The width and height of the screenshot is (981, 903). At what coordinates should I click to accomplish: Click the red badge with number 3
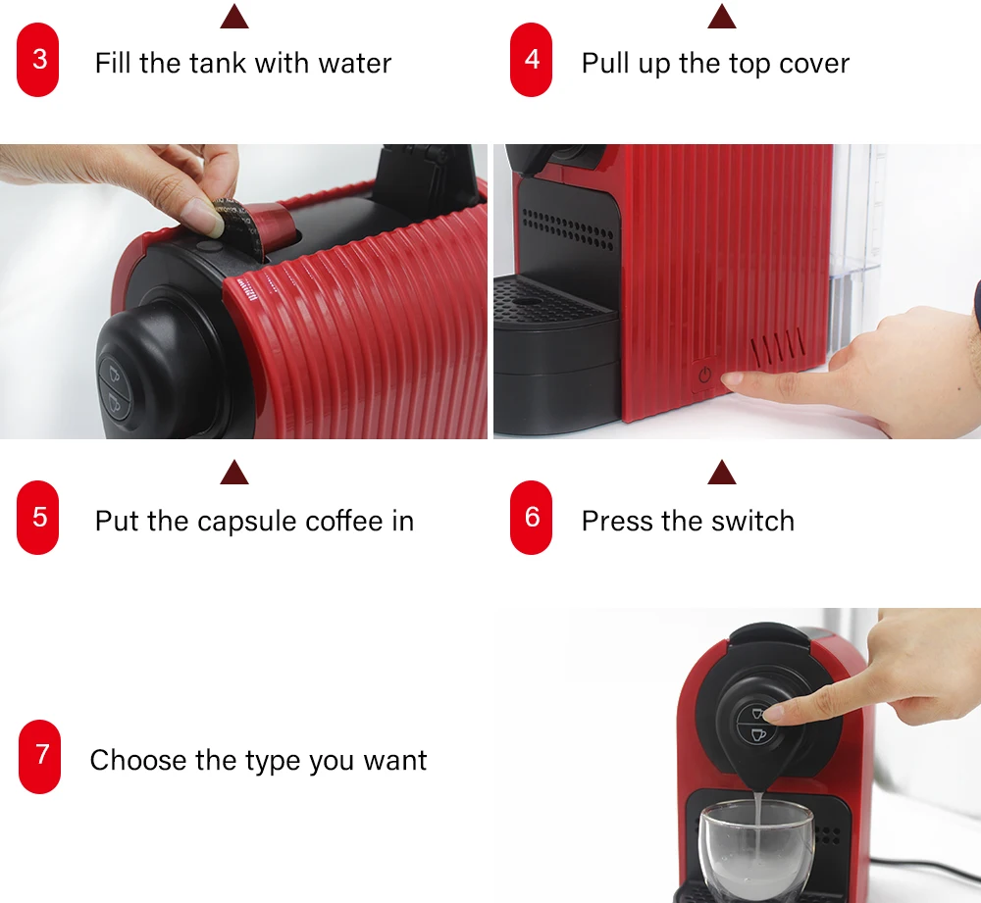coord(38,60)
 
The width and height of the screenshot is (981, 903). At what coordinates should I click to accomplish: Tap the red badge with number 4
coord(531,60)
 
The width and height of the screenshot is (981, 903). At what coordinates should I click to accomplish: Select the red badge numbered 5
coord(38,517)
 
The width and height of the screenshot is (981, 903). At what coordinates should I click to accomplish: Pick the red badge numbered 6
coord(531,517)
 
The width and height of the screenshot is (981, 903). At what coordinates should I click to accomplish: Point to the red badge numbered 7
coord(39,757)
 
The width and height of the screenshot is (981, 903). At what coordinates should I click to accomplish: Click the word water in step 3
coord(355,63)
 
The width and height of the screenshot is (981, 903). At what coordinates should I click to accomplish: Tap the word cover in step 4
coord(814,63)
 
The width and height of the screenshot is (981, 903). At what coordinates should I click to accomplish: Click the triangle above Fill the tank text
coord(234,17)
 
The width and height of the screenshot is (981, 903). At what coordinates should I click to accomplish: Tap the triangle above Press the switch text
coord(722,473)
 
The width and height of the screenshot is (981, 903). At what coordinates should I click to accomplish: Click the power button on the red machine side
coord(705,376)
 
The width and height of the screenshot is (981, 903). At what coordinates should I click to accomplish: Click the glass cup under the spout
coord(755,851)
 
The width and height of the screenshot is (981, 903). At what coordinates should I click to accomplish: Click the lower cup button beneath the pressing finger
coord(758,734)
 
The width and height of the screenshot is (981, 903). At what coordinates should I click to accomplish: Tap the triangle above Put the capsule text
coord(234,473)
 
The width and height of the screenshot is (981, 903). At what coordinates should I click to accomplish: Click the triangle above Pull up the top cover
coord(722,17)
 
